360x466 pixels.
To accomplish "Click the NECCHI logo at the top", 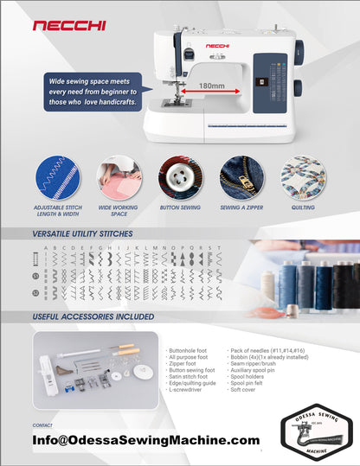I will [x=69, y=26].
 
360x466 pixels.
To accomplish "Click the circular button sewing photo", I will [x=181, y=177].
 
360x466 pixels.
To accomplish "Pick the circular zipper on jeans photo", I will [x=242, y=177].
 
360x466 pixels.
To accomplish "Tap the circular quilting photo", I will [x=303, y=177].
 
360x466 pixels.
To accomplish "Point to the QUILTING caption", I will [x=303, y=207].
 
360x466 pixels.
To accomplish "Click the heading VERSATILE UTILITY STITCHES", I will [x=84, y=234].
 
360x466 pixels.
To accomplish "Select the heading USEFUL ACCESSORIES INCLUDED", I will [x=93, y=316].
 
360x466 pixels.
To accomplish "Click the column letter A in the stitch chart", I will [x=44, y=248].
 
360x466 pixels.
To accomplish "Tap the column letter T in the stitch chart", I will [x=220, y=248].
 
